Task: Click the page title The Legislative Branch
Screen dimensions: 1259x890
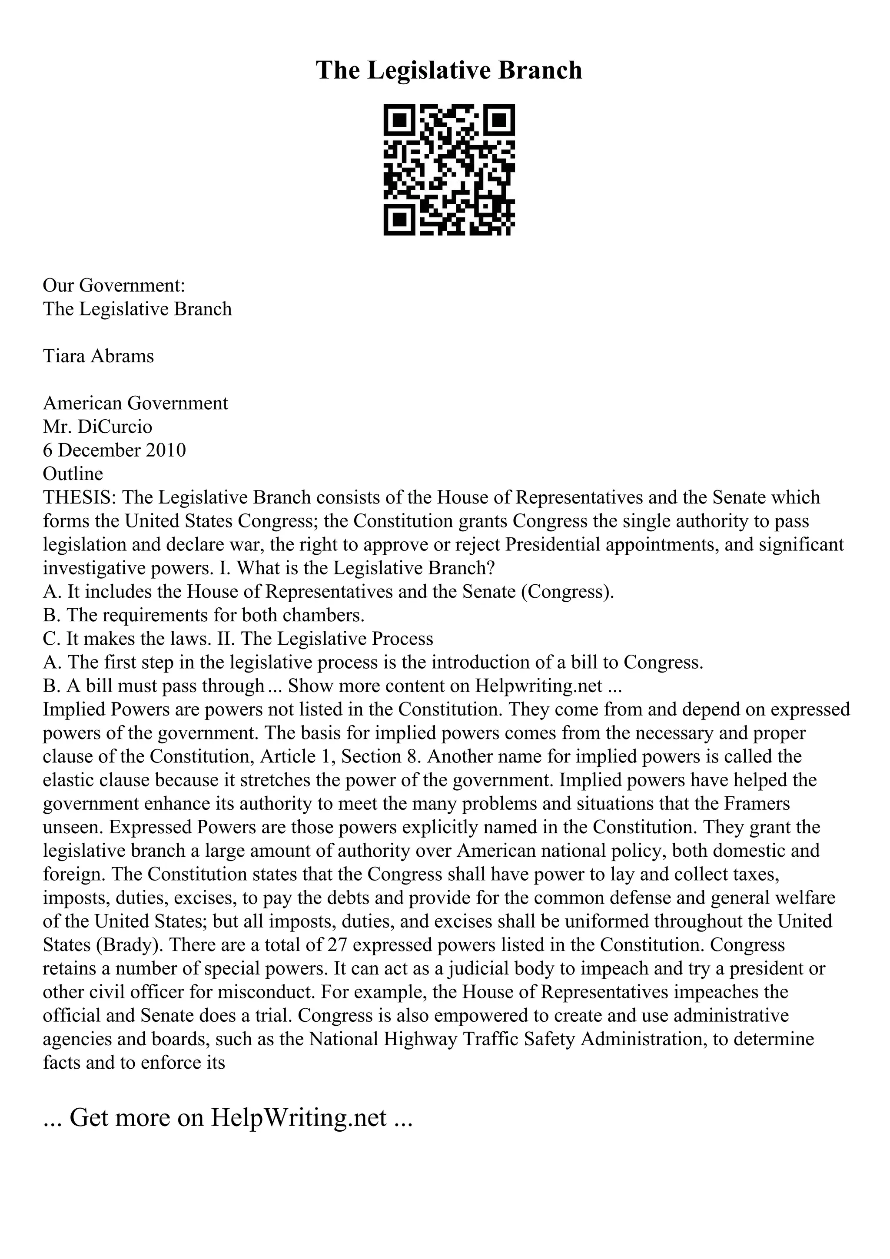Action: (x=448, y=71)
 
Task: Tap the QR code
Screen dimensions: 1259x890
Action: (x=448, y=170)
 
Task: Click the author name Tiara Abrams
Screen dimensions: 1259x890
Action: (x=99, y=356)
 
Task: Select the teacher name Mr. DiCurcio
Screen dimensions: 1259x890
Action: (x=98, y=427)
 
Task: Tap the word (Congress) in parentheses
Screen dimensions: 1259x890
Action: (x=568, y=592)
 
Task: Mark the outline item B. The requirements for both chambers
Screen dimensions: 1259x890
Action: (x=204, y=615)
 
